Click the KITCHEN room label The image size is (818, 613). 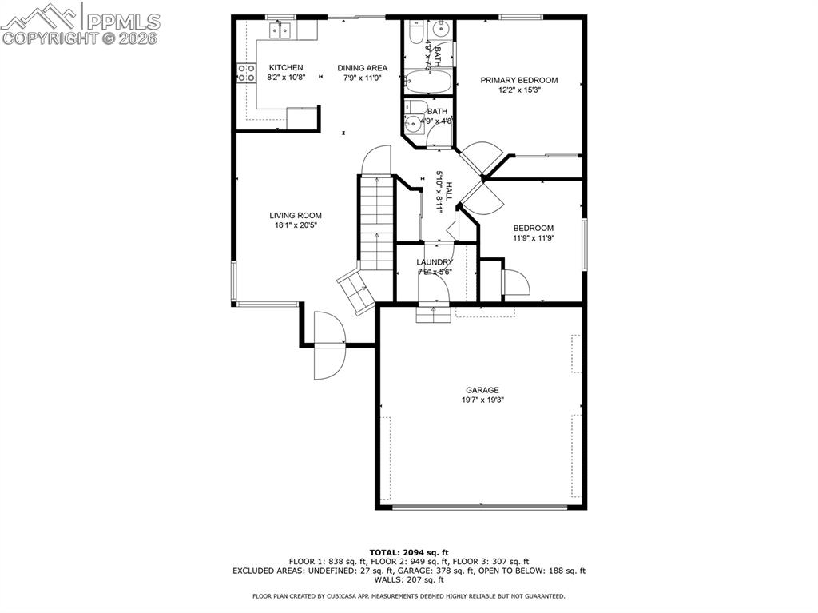pyautogui.click(x=285, y=67)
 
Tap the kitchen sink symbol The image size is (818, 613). pyautogui.click(x=280, y=30)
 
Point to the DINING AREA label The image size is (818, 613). pyautogui.click(x=362, y=68)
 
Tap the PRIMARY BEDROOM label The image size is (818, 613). pyautogui.click(x=518, y=80)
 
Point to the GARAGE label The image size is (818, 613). pyautogui.click(x=482, y=390)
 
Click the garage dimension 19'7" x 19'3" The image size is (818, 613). pyautogui.click(x=482, y=400)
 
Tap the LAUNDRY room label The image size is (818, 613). pyautogui.click(x=435, y=262)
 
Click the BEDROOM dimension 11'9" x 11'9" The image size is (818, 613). pyautogui.click(x=533, y=238)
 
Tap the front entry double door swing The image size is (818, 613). pyautogui.click(x=328, y=344)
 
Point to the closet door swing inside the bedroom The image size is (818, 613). pyautogui.click(x=514, y=283)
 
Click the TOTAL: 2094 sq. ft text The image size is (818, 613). pyautogui.click(x=409, y=552)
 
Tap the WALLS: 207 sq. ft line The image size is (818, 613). pyautogui.click(x=408, y=580)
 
